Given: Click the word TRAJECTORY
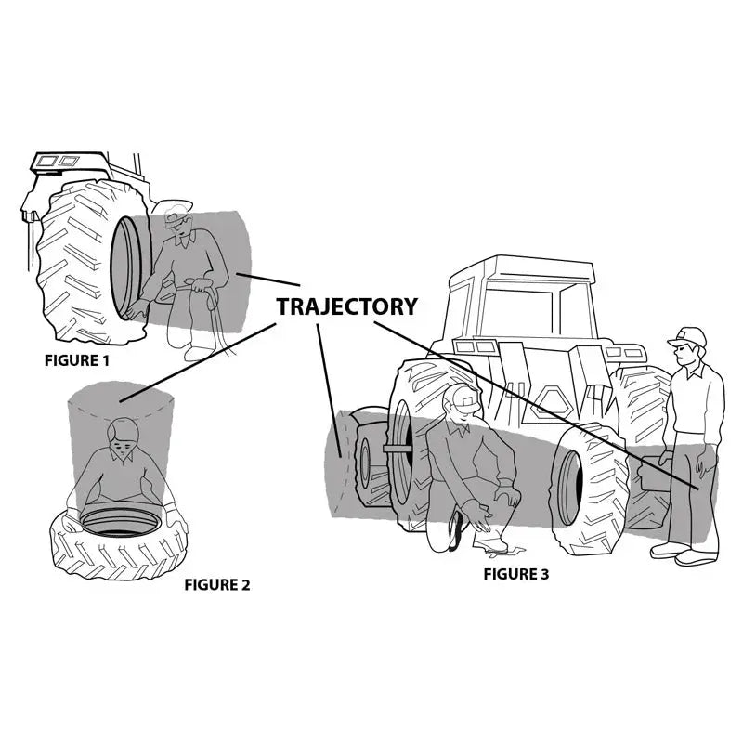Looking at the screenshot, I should (x=346, y=306).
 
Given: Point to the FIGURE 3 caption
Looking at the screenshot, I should (x=516, y=574).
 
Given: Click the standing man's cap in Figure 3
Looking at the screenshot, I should (x=686, y=336).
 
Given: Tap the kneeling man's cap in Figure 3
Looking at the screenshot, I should (x=463, y=398).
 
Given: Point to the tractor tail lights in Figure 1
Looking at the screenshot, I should (x=59, y=162).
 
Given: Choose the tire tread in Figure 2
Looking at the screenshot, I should (x=111, y=557).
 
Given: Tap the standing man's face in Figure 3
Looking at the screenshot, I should (x=684, y=352).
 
